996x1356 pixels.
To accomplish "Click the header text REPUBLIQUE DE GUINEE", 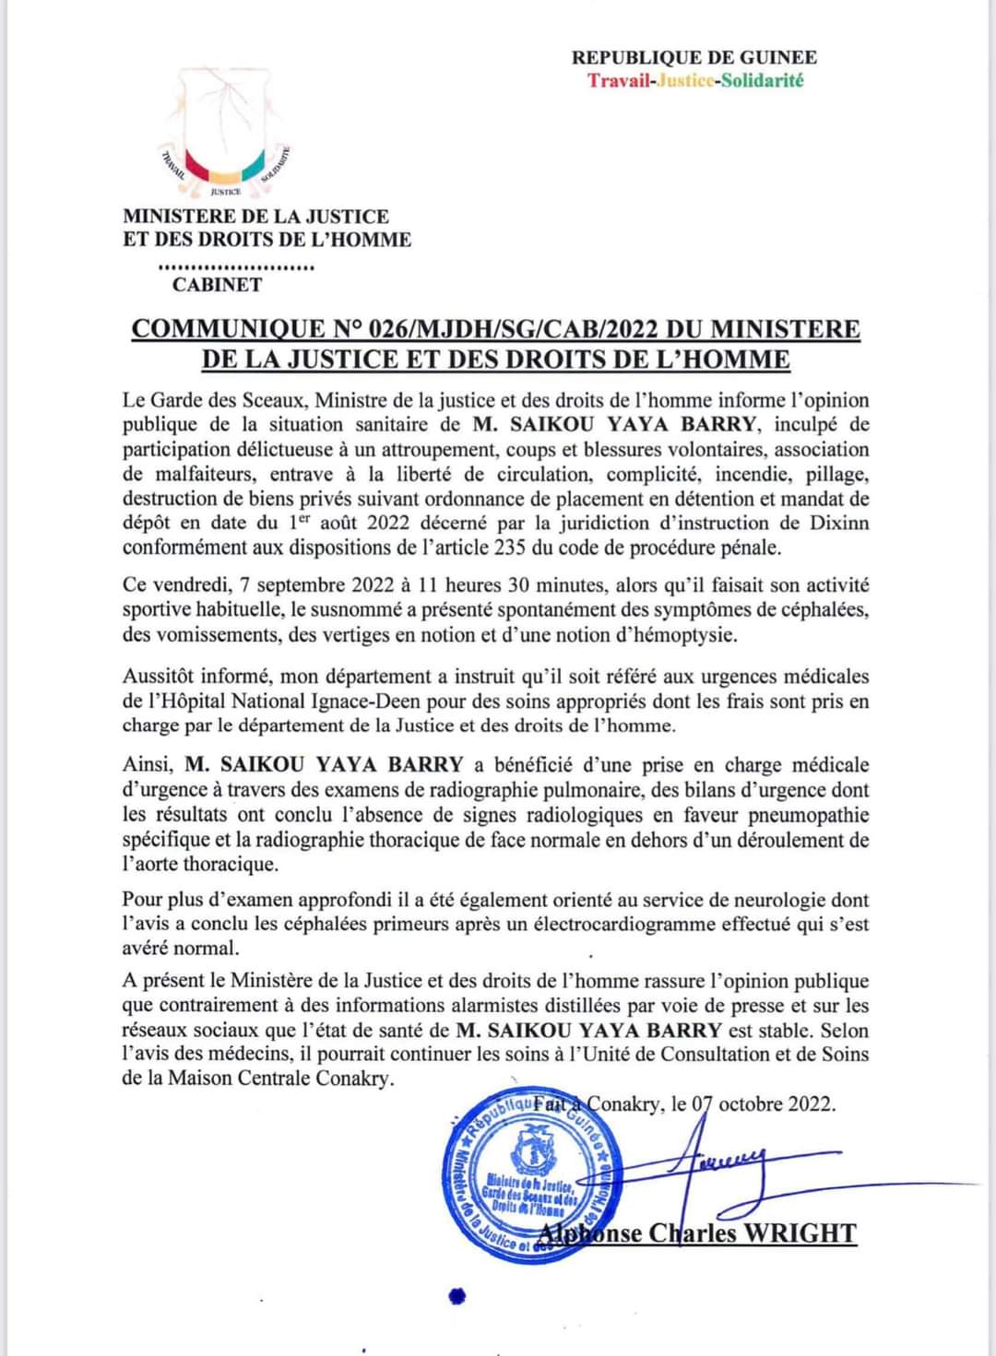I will [x=694, y=57].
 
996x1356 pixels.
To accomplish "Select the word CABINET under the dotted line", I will [x=217, y=285].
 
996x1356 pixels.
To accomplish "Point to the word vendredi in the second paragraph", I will [x=190, y=585].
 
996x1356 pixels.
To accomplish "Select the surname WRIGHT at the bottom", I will [x=799, y=1233].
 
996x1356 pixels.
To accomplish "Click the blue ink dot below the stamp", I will [x=454, y=1296].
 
